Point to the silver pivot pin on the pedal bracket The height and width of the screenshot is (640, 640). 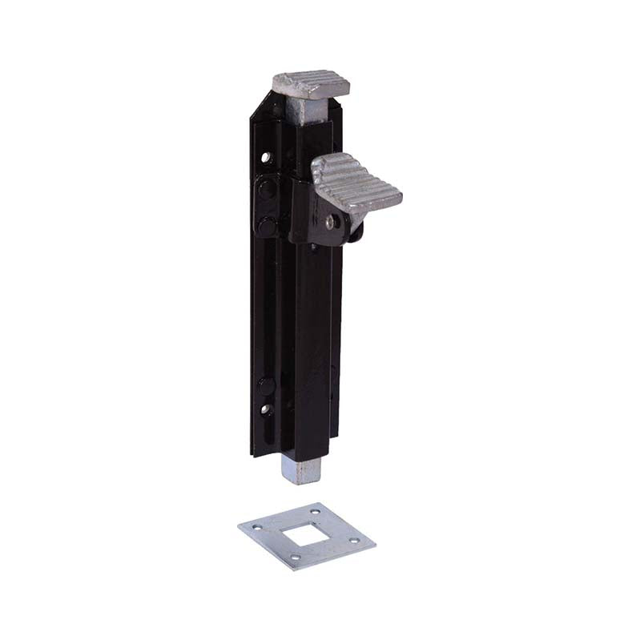coord(330,220)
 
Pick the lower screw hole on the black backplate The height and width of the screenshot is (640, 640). coord(266,409)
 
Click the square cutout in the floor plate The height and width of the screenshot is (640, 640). coord(308,535)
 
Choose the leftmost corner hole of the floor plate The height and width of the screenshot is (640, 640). coord(256,527)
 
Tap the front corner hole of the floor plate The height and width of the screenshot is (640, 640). coord(296,557)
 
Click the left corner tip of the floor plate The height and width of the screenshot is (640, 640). coord(239,527)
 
